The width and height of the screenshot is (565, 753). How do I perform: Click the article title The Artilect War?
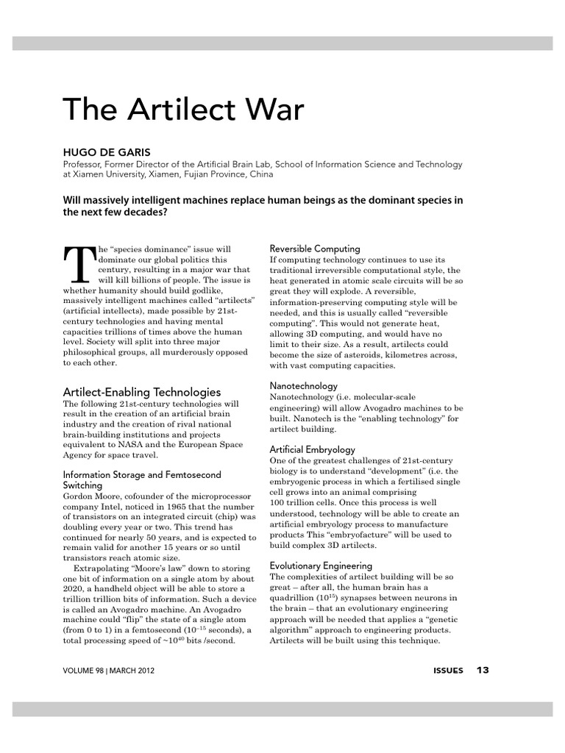[x=183, y=110]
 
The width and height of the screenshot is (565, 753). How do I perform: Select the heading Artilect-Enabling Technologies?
[x=142, y=392]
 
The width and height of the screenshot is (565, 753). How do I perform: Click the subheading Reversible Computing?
[x=315, y=249]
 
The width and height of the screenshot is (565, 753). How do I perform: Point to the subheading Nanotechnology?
[x=304, y=385]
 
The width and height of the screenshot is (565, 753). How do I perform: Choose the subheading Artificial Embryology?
[x=312, y=449]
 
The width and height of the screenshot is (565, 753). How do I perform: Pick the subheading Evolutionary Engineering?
[x=321, y=565]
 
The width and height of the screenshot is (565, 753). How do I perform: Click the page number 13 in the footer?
[x=483, y=670]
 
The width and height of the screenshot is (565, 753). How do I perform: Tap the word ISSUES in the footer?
[x=448, y=671]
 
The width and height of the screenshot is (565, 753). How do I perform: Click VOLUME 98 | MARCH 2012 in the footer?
[x=109, y=671]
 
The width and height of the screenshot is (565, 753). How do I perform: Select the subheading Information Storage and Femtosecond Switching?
[x=142, y=480]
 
